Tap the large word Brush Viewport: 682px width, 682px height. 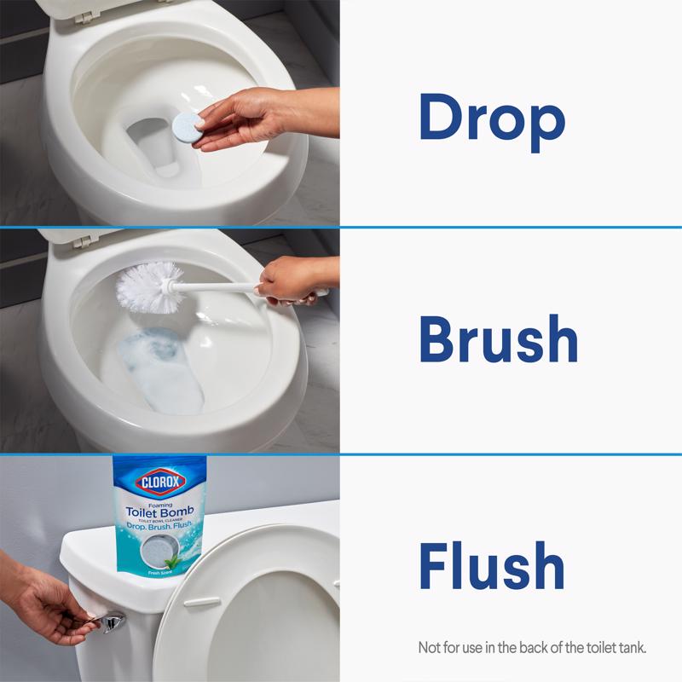[498, 339]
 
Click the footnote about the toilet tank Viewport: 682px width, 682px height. [533, 648]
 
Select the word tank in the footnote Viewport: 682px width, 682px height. [632, 648]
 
